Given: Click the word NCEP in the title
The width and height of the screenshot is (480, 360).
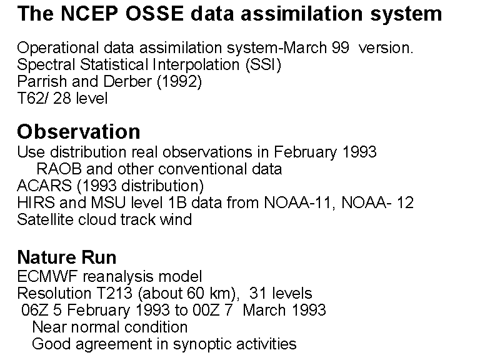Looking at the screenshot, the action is [89, 14].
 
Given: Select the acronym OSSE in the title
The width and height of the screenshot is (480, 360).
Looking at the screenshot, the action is [154, 14].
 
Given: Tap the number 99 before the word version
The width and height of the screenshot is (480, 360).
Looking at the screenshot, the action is [340, 47].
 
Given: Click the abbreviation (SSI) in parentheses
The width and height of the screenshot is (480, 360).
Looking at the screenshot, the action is [263, 64].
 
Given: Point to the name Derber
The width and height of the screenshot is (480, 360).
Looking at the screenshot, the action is [127, 81].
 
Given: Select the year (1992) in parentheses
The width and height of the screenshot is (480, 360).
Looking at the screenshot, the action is [179, 82].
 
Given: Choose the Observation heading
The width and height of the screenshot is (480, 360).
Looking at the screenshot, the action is [79, 132].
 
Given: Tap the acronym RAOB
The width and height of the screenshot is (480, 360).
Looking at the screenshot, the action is [59, 169].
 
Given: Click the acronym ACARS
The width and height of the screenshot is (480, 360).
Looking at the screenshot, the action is [44, 186].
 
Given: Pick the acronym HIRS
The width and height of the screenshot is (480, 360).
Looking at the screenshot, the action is [36, 202].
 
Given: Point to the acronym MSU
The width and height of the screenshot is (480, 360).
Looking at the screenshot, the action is [108, 202].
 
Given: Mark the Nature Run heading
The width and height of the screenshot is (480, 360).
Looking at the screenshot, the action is [67, 257].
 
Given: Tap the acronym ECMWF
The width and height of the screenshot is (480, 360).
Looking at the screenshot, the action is [47, 276].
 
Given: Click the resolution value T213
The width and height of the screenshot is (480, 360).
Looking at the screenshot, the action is [114, 293].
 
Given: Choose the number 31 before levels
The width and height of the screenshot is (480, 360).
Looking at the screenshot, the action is [258, 293].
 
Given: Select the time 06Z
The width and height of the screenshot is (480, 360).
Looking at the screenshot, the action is [34, 310].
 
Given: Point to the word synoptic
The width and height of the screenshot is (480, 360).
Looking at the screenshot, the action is [202, 344].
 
